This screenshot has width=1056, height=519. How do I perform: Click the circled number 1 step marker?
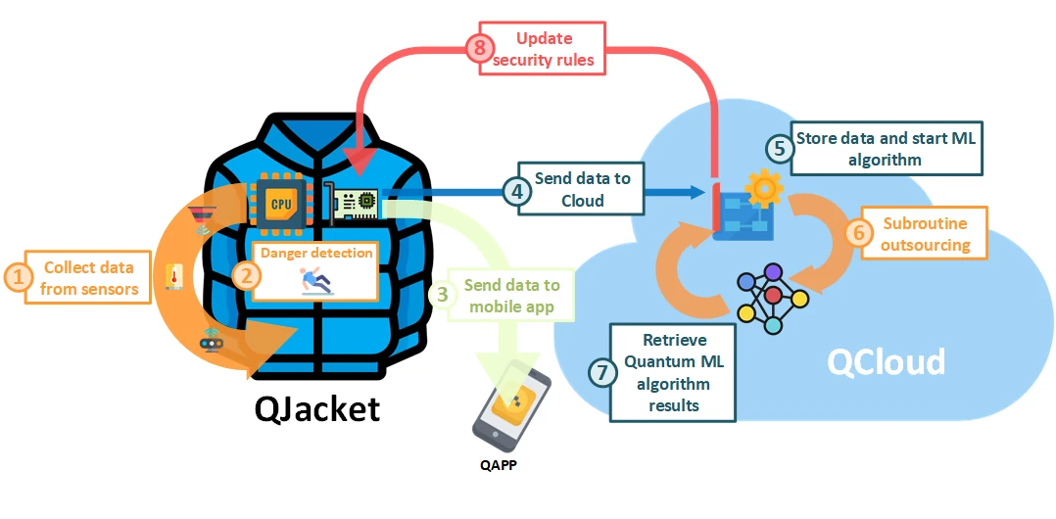[x=16, y=276]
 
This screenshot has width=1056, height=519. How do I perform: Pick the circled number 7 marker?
[x=601, y=373]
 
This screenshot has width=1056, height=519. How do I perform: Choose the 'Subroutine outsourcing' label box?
[x=924, y=233]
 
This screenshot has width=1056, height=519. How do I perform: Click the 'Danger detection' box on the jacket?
[x=315, y=269]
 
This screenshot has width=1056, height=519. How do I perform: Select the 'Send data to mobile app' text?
[x=511, y=296]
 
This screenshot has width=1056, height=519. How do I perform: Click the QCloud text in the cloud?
[x=886, y=361]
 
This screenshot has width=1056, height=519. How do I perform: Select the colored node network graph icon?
[x=773, y=297]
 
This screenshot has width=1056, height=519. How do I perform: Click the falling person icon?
[x=315, y=282]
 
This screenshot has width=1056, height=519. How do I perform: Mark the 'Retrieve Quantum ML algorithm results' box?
[x=672, y=373]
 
